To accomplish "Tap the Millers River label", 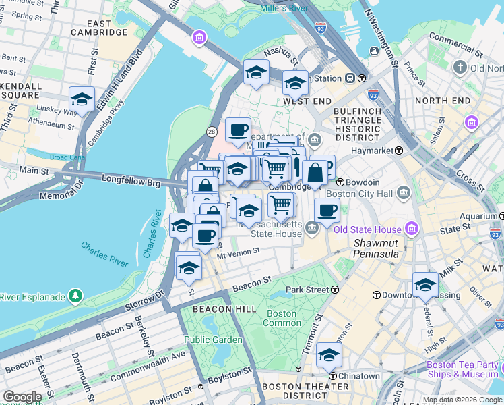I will pos(284,8).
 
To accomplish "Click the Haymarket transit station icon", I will pos(399,151).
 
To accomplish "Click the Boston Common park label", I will pos(281,318).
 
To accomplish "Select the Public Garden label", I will pos(213,340).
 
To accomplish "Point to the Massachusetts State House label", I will pos(276,229).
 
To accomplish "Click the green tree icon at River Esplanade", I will pos(75,296).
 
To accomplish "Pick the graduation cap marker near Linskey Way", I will pos(82,100).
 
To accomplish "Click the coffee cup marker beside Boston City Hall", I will pos(327,210).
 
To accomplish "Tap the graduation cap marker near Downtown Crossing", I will pos(425,285).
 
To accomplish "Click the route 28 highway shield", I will pos(212,130).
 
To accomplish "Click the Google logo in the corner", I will pos(22,397).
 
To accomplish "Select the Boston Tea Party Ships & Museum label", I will pos(462,369).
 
